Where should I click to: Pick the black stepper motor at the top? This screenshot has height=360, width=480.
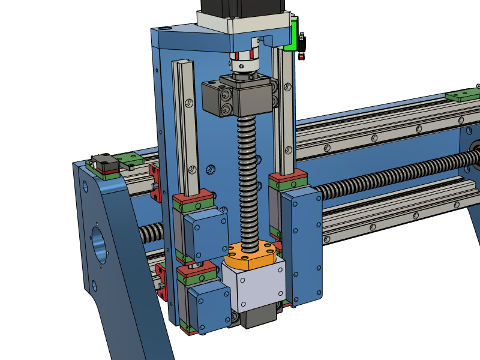click(246, 7)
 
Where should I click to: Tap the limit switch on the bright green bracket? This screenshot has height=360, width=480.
click(302, 46)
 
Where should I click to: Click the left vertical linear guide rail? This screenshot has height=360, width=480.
click(186, 126)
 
